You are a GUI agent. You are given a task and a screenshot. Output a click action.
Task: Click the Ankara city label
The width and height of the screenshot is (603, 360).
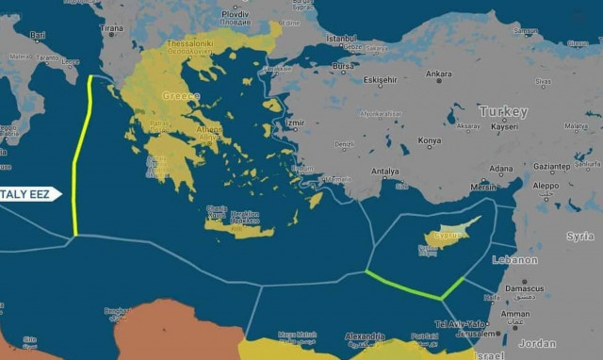438,74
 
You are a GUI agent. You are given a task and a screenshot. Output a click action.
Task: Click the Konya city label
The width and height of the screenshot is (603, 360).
429,140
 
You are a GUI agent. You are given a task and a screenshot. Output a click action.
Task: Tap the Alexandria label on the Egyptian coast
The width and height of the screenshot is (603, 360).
365,336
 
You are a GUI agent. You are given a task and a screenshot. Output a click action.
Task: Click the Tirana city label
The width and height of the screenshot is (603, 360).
111,28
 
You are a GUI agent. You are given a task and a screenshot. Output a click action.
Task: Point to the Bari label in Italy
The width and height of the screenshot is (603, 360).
38,35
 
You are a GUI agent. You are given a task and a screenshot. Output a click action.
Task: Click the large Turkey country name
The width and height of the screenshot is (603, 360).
503,111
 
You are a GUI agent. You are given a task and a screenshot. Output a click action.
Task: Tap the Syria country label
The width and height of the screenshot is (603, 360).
580,237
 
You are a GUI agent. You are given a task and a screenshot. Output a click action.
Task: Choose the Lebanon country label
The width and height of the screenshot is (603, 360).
515,260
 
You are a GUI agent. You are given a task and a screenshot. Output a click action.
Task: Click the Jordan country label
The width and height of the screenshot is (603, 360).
537,343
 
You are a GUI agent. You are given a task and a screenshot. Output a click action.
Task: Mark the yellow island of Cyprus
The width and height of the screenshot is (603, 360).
448,237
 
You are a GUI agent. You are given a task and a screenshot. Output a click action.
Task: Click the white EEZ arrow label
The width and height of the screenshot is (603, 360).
28,194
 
